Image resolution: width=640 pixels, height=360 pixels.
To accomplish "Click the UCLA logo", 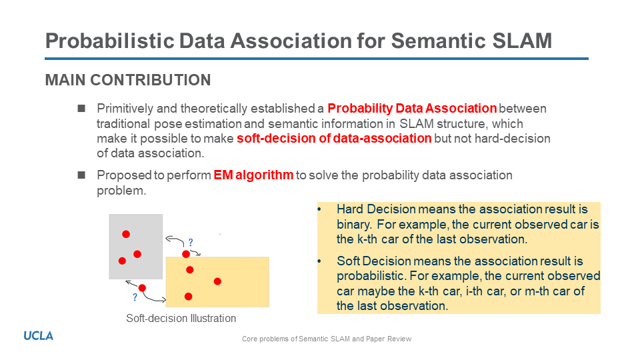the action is tap(39, 336).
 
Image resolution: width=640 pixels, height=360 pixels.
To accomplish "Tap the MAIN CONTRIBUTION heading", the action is tap(128, 80).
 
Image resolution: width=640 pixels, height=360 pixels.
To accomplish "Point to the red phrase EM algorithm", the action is tap(253, 175).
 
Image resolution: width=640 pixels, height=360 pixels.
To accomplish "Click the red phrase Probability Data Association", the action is tap(412, 108).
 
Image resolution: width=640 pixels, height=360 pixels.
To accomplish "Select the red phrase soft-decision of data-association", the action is tap(334, 139).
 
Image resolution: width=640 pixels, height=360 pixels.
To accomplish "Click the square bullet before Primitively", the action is tap(81, 108).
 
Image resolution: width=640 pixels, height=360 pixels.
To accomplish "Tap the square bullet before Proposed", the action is tap(81, 175).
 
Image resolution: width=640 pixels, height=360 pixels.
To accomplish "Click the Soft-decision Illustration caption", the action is tap(181, 319).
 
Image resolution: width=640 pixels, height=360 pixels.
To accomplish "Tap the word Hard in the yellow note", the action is tap(350, 209).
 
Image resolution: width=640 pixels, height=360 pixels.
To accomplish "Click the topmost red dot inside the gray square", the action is tap(126, 234).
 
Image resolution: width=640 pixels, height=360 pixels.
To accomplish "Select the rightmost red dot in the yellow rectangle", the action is tap(217, 281).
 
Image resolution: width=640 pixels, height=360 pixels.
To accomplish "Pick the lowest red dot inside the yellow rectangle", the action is tap(188, 296).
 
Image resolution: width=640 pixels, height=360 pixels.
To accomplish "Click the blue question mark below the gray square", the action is tap(135, 297).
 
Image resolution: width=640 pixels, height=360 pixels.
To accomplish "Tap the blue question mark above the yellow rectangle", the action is tap(191, 243).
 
